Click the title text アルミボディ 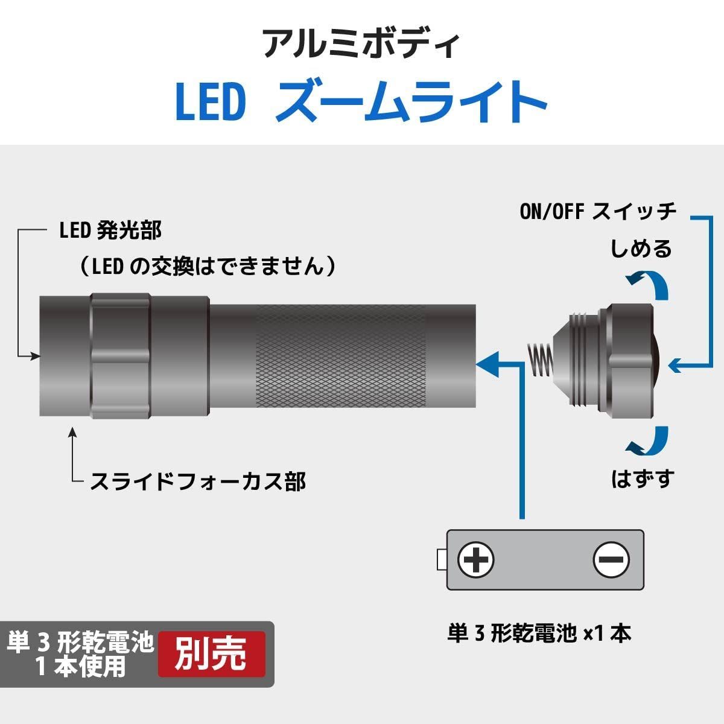click(361, 45)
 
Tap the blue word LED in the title click(211, 102)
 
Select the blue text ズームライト click(411, 101)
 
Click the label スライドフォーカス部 click(198, 481)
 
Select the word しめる click(641, 249)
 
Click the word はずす click(643, 478)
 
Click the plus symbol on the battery click(475, 560)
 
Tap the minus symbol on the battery click(611, 560)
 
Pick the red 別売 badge click(212, 654)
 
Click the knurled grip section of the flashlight click(341, 356)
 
